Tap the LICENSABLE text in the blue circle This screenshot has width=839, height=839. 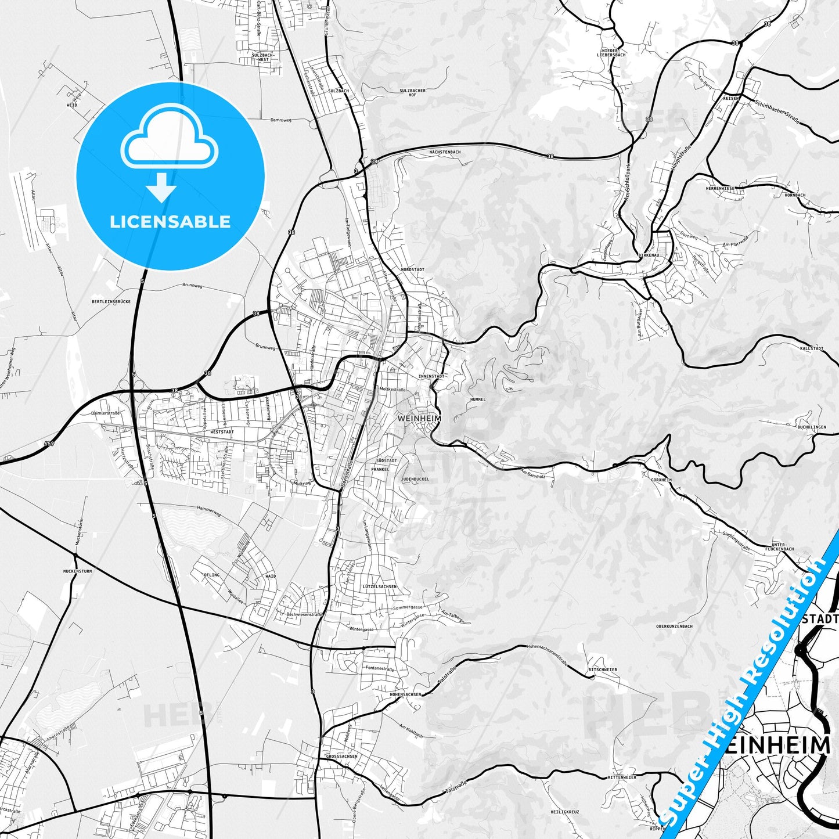tap(170, 222)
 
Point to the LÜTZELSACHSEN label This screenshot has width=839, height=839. tap(379, 586)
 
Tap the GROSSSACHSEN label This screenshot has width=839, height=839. tap(341, 757)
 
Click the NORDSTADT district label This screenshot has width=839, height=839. tap(412, 270)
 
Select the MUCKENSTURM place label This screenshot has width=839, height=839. tap(78, 571)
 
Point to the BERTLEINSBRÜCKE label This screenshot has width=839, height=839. tap(111, 302)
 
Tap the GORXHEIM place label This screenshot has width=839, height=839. tap(661, 480)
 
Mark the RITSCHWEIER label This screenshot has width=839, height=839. tap(602, 669)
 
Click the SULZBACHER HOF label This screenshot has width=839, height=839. tap(412, 93)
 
